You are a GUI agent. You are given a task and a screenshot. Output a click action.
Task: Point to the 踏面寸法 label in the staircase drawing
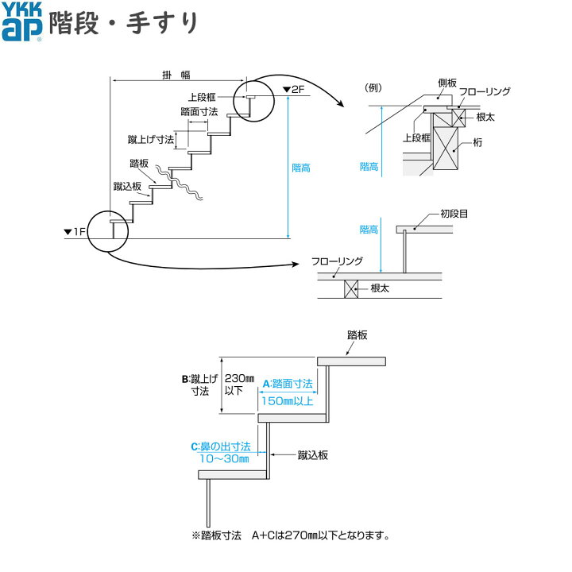[x=199, y=112]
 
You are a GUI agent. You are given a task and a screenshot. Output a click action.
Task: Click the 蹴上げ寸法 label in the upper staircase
[x=151, y=140]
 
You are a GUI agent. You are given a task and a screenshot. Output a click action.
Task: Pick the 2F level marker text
[x=292, y=90]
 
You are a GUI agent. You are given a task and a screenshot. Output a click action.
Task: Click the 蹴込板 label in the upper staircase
[x=127, y=187]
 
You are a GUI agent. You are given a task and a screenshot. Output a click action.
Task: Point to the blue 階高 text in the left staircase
[x=301, y=168]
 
